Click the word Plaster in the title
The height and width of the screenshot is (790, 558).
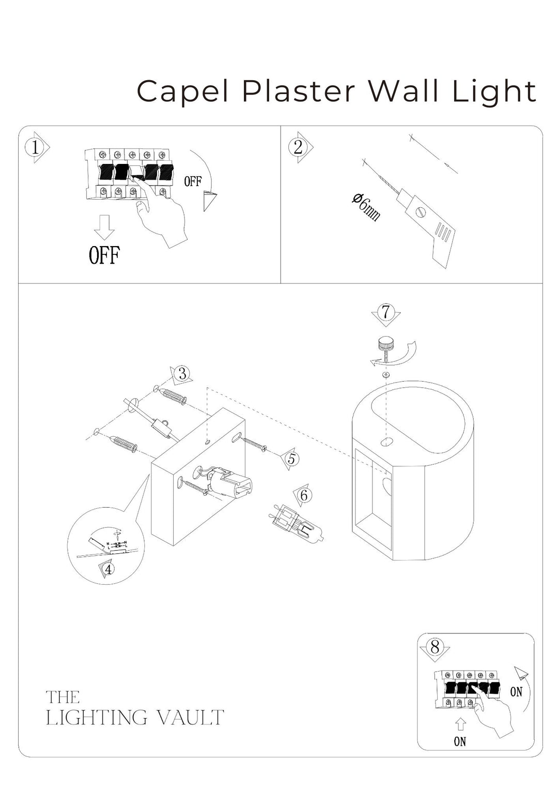(x=300, y=92)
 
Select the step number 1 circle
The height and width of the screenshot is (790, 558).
(x=35, y=148)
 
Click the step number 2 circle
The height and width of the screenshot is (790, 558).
(x=298, y=147)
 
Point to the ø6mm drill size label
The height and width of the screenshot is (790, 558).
(x=366, y=206)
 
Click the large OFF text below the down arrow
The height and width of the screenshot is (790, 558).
(x=104, y=255)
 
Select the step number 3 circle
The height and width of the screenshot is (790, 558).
(x=182, y=373)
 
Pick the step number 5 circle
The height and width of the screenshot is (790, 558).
(x=291, y=458)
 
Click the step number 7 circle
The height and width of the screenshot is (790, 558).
(x=385, y=312)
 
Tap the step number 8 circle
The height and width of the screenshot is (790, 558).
(x=435, y=647)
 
